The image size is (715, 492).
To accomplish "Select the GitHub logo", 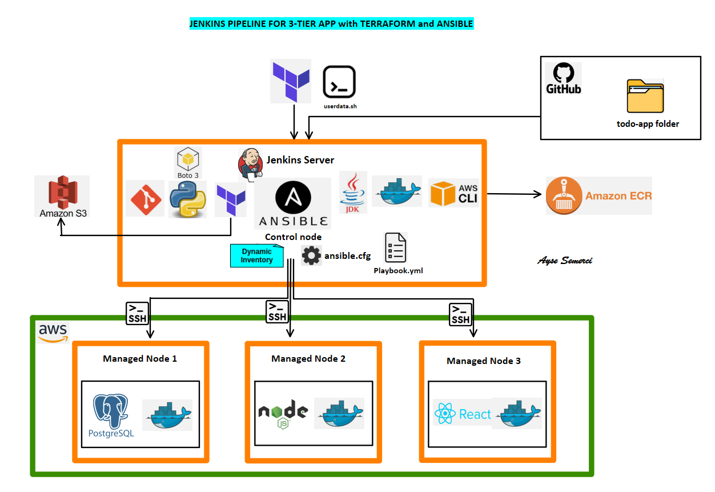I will pyautogui.click(x=563, y=78).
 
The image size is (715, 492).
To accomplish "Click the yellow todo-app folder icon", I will pyautogui.click(x=645, y=97).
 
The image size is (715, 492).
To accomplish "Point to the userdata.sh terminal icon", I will pyautogui.click(x=339, y=82).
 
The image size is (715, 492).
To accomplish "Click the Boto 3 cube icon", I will pyautogui.click(x=188, y=158).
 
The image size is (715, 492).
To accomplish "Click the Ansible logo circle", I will pyautogui.click(x=293, y=197).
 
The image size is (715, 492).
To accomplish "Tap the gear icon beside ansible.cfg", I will pyautogui.click(x=311, y=255).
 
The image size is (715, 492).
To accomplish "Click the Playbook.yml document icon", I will pyautogui.click(x=396, y=247).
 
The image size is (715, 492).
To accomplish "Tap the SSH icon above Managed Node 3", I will pyautogui.click(x=460, y=314).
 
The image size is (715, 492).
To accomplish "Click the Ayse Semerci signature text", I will pyautogui.click(x=564, y=261).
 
